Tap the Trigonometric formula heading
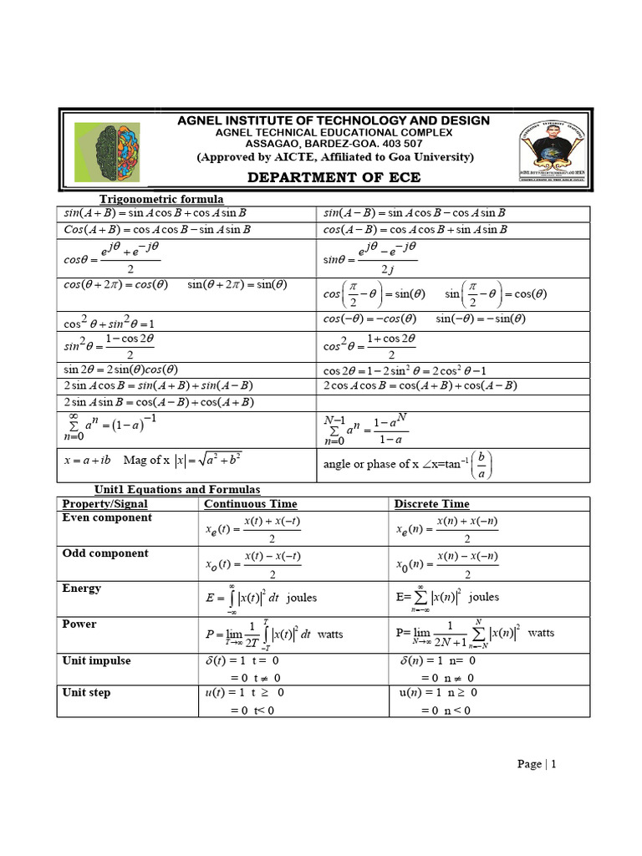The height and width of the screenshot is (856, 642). [161, 199]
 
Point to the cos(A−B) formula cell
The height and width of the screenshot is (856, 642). [415, 229]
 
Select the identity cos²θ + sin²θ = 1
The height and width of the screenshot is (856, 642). [109, 322]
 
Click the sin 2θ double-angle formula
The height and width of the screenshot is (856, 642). [120, 369]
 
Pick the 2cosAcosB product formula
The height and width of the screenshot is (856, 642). [420, 385]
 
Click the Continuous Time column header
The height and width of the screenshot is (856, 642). [250, 504]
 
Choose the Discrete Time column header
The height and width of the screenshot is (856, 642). [431, 504]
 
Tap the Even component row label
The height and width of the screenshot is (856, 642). [107, 518]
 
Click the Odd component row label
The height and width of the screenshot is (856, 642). [105, 553]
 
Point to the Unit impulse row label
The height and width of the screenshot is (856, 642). [98, 660]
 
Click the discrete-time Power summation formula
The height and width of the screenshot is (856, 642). [475, 634]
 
